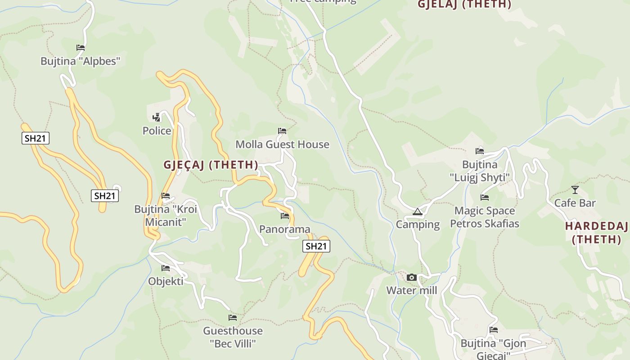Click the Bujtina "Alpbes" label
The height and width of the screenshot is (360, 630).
tap(81, 61)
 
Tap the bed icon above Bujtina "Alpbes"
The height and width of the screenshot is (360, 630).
tap(81, 47)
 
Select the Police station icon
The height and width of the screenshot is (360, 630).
tap(156, 117)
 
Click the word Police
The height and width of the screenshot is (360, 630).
tap(157, 131)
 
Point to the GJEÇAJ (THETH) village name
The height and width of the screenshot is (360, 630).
tap(211, 165)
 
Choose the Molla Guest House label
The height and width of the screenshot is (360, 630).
tap(282, 144)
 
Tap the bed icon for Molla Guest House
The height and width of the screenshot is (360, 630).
tap(282, 131)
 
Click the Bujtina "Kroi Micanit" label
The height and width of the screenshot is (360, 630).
tap(166, 216)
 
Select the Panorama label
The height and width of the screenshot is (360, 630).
tap(285, 229)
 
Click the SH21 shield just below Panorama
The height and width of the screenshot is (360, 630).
tap(316, 246)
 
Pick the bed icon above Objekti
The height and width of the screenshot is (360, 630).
tap(166, 268)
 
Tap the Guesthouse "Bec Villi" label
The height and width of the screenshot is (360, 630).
tap(233, 337)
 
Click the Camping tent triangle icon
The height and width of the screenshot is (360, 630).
tap(418, 211)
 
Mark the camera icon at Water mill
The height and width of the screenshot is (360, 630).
tap(411, 277)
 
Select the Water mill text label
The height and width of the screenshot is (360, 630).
tap(411, 291)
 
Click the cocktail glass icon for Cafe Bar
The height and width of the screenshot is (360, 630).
tap(575, 189)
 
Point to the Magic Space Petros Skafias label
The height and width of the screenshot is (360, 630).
tap(485, 217)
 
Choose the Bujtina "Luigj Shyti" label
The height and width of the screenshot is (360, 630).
tap(480, 171)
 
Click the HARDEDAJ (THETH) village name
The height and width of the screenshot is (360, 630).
tap(596, 233)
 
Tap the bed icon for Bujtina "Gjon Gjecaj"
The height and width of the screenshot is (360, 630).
tap(494, 330)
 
